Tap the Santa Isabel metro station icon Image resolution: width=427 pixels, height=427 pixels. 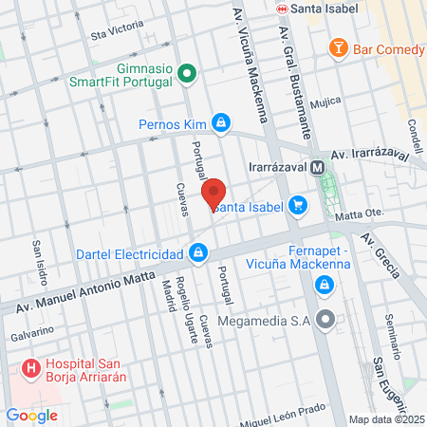pyautogui.click(x=282, y=9)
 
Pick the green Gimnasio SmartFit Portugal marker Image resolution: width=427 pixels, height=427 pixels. pyautogui.click(x=188, y=72)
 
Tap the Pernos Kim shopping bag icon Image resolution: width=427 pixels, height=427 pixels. pyautogui.click(x=220, y=121)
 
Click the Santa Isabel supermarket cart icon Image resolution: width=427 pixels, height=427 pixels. pyautogui.click(x=298, y=204)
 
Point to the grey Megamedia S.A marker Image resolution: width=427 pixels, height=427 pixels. pyautogui.click(x=325, y=320)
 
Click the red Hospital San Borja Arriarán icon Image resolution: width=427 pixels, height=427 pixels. pyautogui.click(x=31, y=365)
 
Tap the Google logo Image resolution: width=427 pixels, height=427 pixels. pyautogui.click(x=31, y=415)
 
